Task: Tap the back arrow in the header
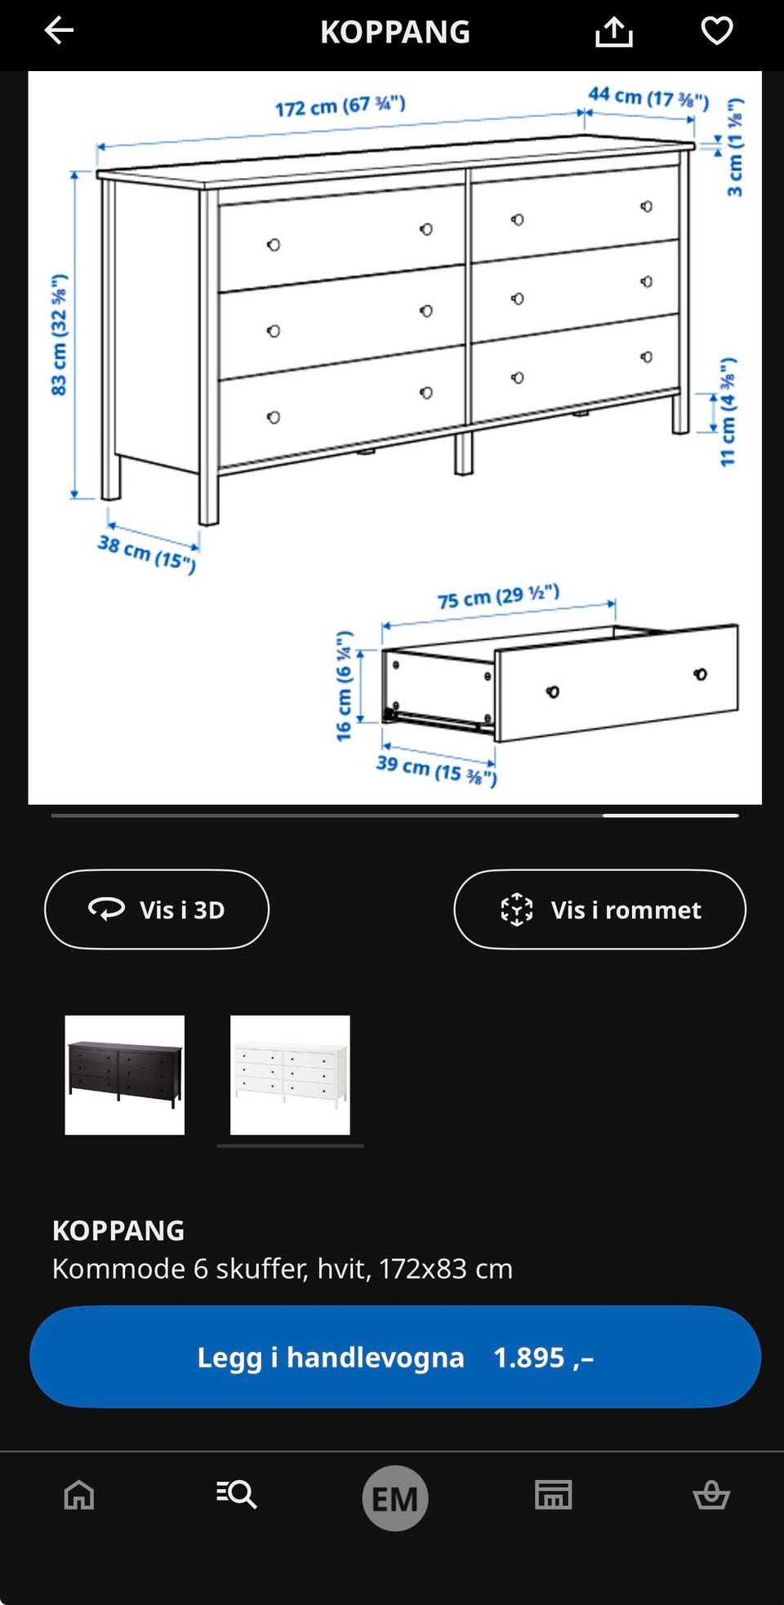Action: coord(59,31)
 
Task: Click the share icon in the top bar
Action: coord(614,32)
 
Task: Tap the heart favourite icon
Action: coord(717,31)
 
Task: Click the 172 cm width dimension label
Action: coord(340,106)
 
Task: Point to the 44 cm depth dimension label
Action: coord(648,97)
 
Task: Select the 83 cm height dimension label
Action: coord(59,335)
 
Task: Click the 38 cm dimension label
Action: coord(147,554)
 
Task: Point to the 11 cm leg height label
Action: coord(728,411)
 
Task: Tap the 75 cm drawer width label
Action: coord(498,597)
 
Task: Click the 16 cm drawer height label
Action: coord(344,686)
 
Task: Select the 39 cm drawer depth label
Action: coord(436,769)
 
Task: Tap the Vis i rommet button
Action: coord(599,909)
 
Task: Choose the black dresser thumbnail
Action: coord(125,1075)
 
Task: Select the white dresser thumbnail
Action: coord(290,1075)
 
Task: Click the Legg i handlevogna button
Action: coord(395,1357)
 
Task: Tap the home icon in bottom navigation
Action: coord(79,1495)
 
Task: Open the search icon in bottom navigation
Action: coord(237,1495)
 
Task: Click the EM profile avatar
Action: coord(395,1498)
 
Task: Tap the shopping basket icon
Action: coord(711,1495)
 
